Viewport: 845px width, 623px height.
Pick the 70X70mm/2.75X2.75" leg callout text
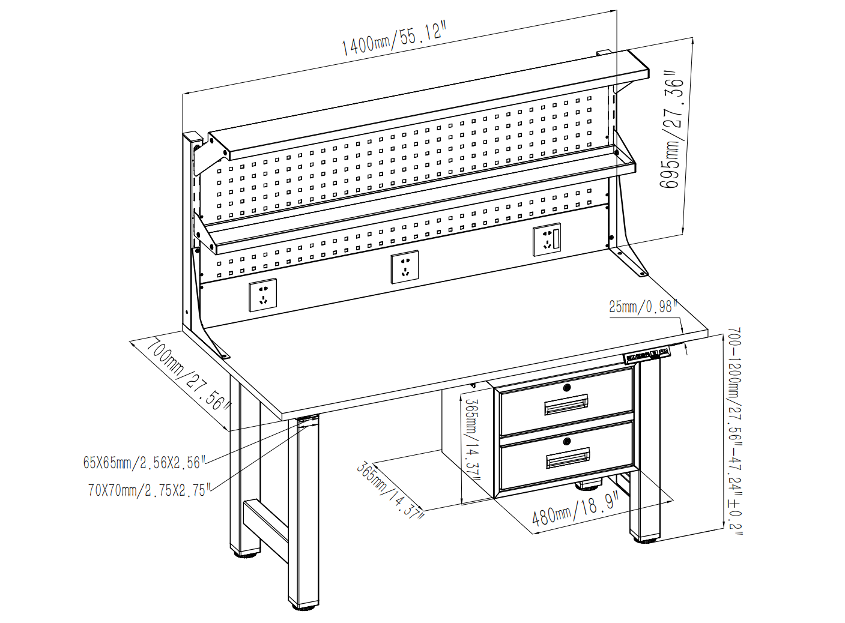150,490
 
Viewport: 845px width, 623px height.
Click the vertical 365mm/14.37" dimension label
473,440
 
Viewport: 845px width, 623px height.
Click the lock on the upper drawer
566,388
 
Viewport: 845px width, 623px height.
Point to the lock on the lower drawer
567,441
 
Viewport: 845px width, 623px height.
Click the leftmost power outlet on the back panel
263,295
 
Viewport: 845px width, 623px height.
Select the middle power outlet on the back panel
405,267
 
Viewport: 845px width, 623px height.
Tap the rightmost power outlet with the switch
547,240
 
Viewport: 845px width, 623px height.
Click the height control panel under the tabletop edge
646,355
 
